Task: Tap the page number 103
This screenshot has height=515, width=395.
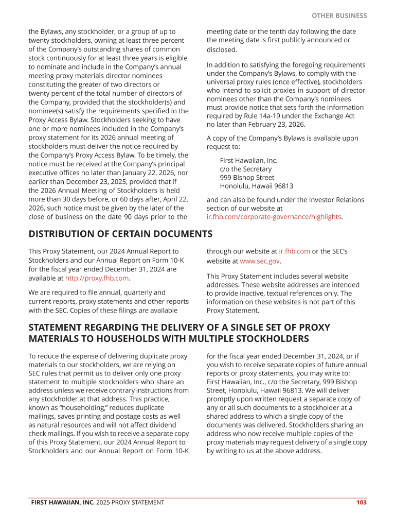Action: [361, 502]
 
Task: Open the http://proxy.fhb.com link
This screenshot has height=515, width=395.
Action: [97, 278]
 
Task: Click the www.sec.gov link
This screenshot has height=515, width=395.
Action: [260, 261]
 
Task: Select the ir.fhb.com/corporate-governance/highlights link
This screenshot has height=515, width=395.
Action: [274, 217]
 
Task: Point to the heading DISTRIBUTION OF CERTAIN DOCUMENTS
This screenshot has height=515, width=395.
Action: [120, 234]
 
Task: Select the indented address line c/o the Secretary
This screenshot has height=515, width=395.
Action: [246, 169]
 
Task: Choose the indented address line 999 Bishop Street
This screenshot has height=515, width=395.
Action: [247, 178]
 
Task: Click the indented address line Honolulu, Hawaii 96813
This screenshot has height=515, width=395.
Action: [257, 186]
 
